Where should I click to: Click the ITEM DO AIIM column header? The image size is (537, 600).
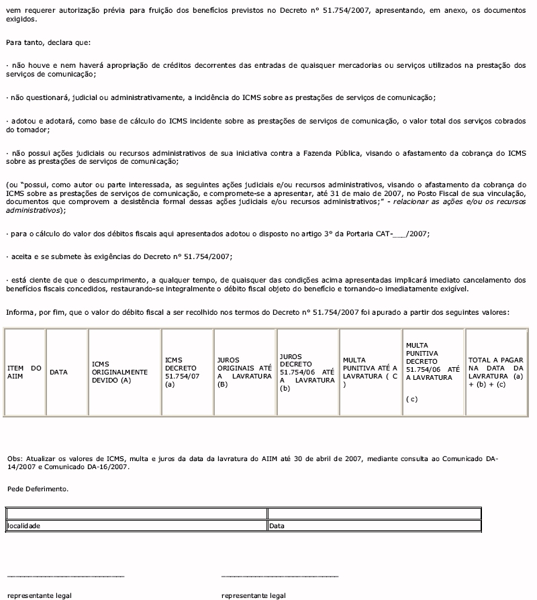point(24,372)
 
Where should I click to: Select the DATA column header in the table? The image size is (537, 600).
point(59,372)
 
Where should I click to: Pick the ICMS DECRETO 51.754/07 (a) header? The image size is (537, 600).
point(182,372)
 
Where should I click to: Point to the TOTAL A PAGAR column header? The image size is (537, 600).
point(496,372)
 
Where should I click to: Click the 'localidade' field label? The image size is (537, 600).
point(23,526)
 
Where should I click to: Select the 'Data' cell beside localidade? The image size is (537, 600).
point(276,526)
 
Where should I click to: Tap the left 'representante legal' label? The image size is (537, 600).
point(39,595)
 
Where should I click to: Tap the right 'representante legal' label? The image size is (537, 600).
point(253,595)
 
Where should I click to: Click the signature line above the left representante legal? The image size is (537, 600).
point(65,576)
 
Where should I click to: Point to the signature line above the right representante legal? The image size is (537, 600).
point(279,576)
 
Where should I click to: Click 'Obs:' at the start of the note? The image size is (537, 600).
point(13,459)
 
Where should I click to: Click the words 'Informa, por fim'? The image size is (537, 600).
point(33,312)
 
